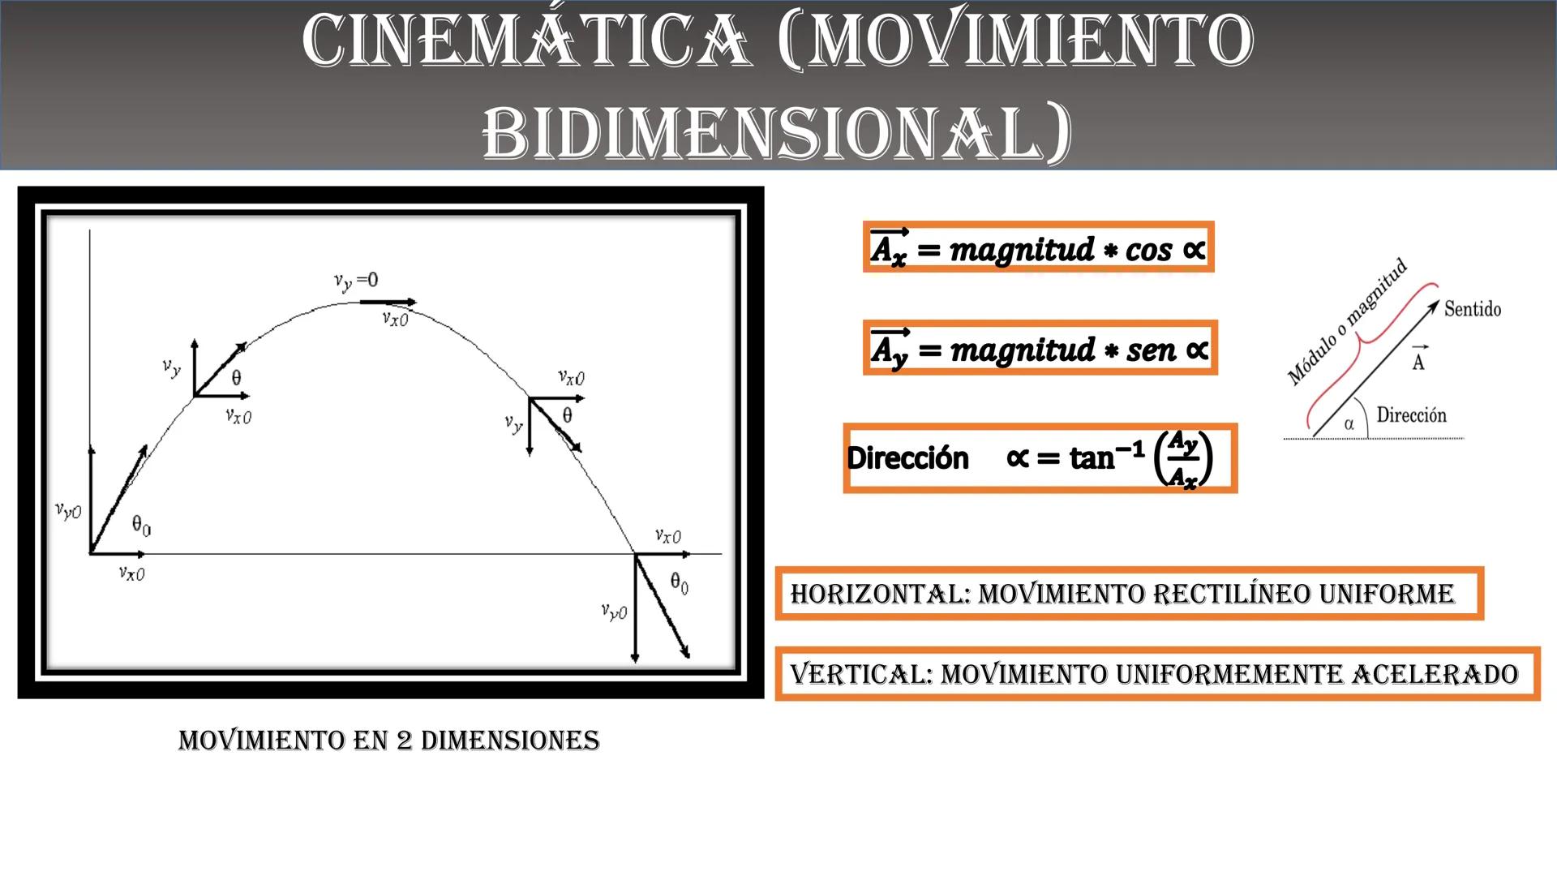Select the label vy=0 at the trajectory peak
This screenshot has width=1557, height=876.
(x=356, y=281)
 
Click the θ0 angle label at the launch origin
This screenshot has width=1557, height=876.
(x=141, y=526)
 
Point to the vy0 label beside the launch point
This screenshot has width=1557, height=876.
(x=68, y=510)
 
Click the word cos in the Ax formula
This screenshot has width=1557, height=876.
(x=1148, y=250)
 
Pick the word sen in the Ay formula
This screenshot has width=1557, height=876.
(x=1151, y=350)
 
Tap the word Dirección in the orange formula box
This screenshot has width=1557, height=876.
(x=907, y=458)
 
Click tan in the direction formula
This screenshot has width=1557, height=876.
(x=1092, y=459)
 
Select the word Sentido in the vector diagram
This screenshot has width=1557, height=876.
(x=1472, y=309)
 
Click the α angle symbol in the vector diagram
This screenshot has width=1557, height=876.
(x=1349, y=423)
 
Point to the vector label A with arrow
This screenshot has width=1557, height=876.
(x=1418, y=359)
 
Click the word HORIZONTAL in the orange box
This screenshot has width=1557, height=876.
(x=880, y=594)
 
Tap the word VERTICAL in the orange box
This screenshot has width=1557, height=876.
(x=861, y=674)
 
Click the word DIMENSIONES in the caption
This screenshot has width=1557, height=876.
(x=510, y=741)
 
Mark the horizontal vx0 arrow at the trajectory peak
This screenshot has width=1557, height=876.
(x=388, y=303)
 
